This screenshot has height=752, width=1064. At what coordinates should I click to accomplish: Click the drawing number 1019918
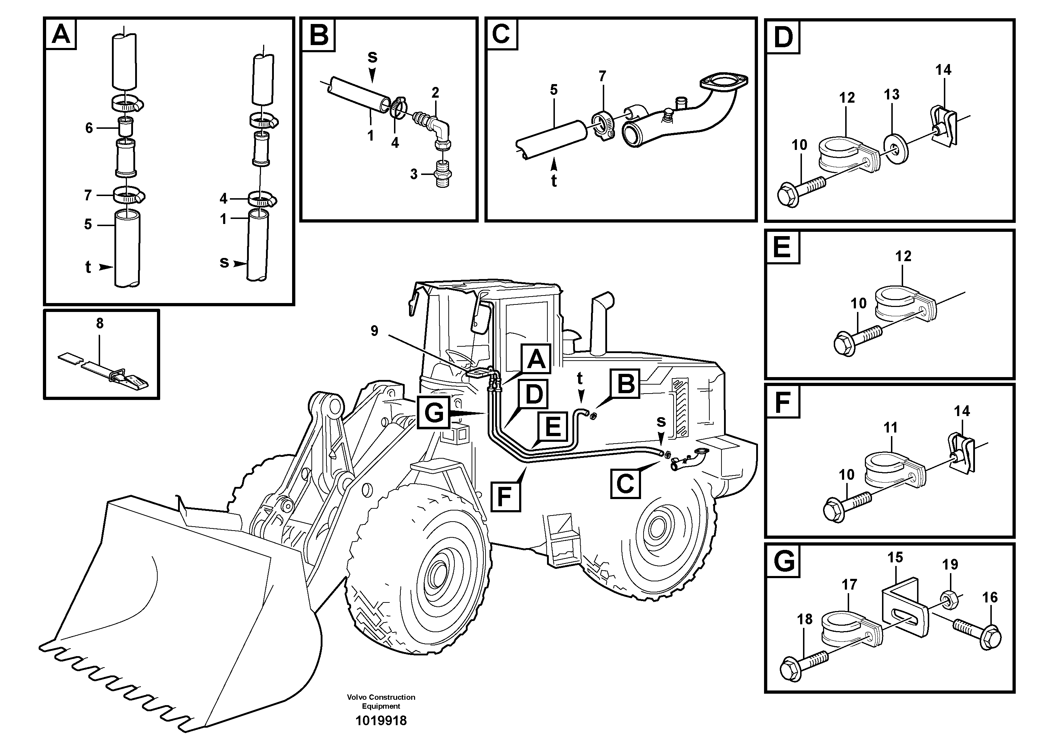(380, 721)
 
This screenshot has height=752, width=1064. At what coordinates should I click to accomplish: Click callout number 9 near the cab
(374, 331)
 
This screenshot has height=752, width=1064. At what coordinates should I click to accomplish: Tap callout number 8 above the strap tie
(100, 324)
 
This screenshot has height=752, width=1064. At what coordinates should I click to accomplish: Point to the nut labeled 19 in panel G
(949, 598)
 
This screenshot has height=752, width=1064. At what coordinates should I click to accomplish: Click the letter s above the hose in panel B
(373, 57)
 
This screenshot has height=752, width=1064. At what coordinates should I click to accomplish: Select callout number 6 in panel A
(89, 128)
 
